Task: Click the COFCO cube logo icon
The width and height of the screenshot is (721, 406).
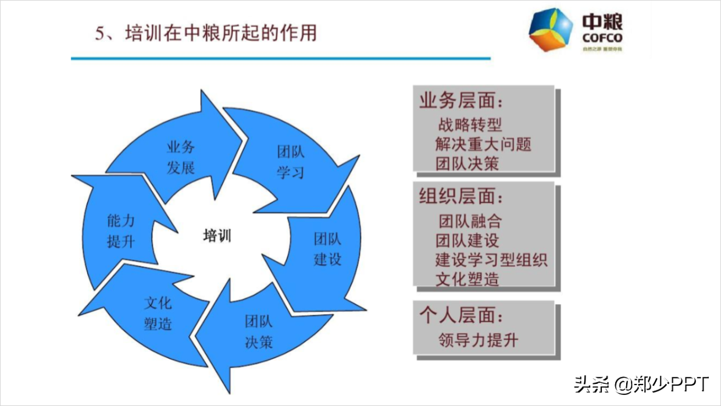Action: point(550,30)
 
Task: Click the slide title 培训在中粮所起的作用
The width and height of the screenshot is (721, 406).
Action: point(206,33)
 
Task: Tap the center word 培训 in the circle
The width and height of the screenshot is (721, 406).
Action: point(217,236)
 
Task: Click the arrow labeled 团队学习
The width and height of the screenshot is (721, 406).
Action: point(291,162)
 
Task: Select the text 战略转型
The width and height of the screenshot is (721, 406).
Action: point(470,124)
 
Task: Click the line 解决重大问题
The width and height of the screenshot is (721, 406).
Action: point(483,144)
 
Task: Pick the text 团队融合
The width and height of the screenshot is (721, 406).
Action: point(470,221)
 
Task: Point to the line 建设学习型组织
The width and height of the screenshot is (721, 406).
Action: point(491,259)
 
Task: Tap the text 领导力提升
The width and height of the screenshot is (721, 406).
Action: point(478,340)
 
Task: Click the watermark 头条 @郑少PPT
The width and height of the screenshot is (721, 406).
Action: point(641,384)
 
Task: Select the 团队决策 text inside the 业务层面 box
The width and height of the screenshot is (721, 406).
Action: point(467,163)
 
